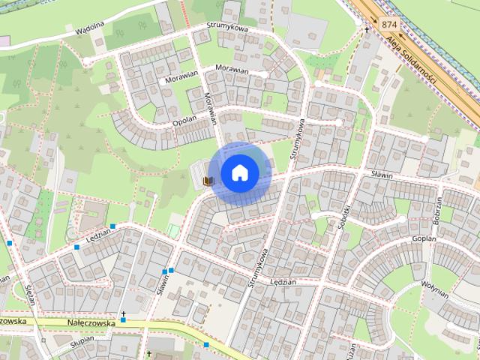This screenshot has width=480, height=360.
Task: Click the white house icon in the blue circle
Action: tap(239, 172)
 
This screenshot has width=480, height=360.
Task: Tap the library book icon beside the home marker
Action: tap(209, 181)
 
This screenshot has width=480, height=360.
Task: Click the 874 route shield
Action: tap(388, 25)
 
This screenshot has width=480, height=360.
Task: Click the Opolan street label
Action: tap(184, 121)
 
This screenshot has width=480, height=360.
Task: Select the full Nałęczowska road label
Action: tap(91, 322)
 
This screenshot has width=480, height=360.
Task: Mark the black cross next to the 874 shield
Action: tap(367, 30)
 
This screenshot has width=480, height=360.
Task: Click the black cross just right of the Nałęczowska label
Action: tap(124, 314)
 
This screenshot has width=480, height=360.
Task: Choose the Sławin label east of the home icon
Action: tap(383, 172)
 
